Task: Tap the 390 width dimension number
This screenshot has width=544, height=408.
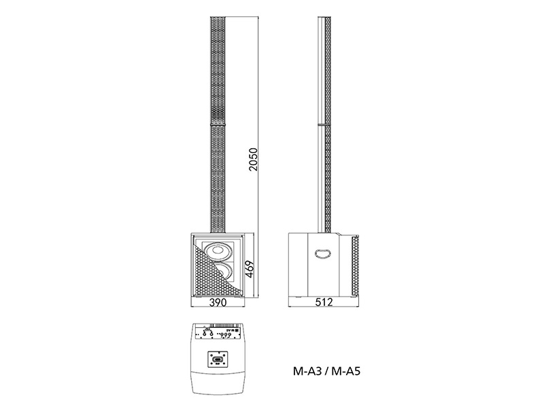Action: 218,303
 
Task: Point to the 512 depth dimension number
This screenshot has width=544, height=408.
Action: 324,303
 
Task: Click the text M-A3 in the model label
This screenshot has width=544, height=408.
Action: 307,372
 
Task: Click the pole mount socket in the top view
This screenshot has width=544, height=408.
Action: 218,360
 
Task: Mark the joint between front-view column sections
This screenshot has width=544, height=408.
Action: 218,123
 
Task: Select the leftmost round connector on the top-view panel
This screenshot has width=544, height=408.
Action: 203,334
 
